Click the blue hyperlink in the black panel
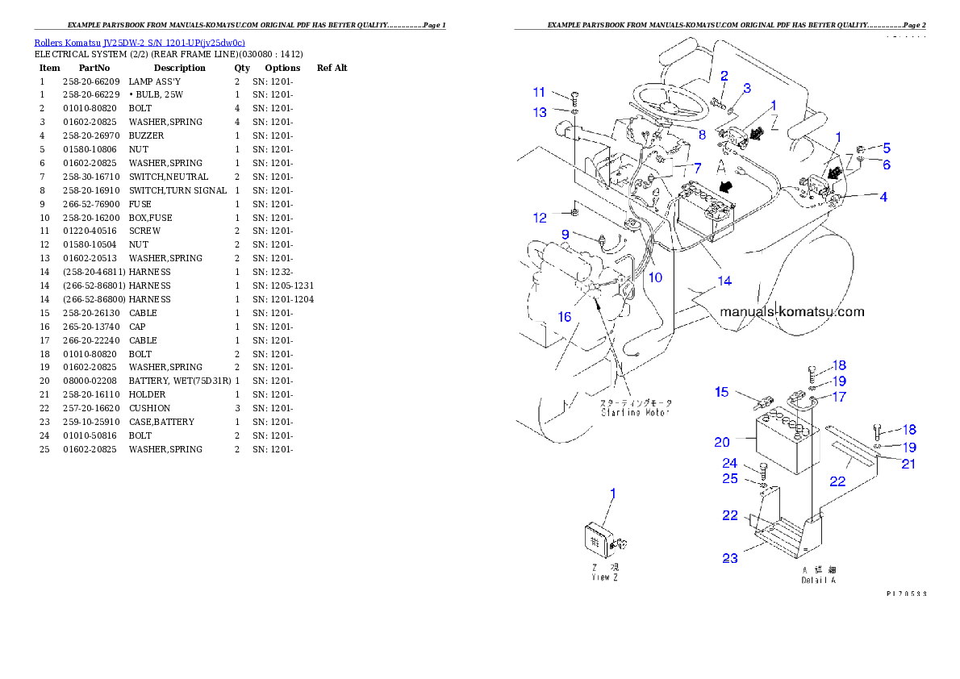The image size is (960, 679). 140,42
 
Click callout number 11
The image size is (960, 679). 539,93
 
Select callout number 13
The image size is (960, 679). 539,113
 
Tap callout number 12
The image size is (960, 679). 540,218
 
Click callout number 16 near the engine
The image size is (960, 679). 565,317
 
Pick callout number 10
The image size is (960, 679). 655,277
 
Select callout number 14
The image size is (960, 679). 724,281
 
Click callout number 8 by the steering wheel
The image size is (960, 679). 702,135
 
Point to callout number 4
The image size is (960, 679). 883,196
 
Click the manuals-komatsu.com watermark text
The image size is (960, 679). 791,312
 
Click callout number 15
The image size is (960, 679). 721,393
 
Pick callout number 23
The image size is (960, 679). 729,557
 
